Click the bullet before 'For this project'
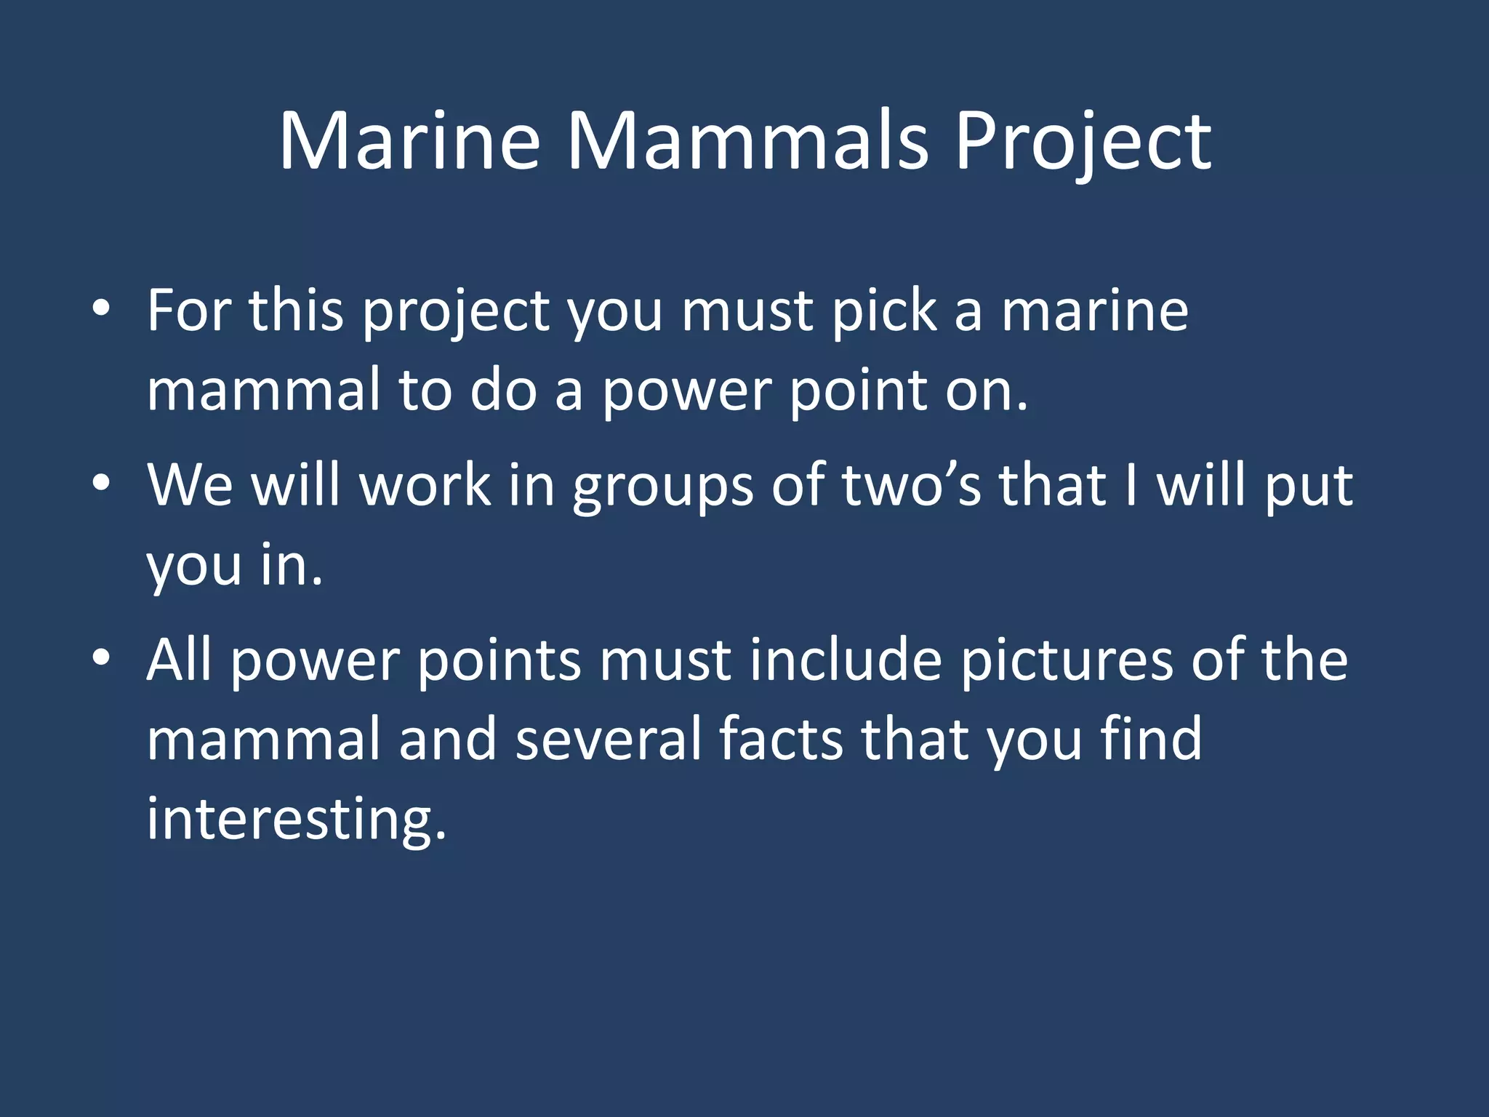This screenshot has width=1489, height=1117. [x=101, y=311]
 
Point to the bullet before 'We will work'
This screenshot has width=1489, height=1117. [x=101, y=484]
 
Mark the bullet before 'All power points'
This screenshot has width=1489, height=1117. [x=101, y=658]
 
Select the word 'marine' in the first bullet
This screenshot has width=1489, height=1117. [x=1095, y=311]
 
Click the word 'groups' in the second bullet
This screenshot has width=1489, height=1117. [x=662, y=485]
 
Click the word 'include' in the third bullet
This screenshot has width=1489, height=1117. [x=846, y=660]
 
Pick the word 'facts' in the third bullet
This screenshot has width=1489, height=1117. [x=782, y=738]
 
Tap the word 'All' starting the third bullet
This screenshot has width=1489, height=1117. [x=179, y=660]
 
